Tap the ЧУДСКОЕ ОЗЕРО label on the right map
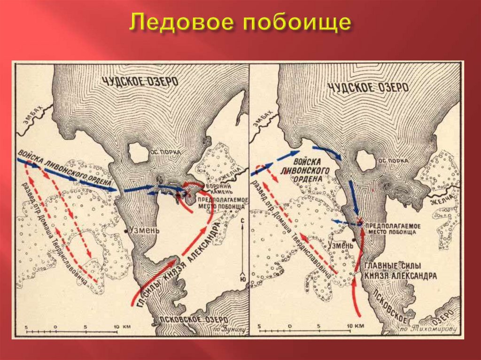[x=368, y=87]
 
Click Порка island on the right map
[x=366, y=161]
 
